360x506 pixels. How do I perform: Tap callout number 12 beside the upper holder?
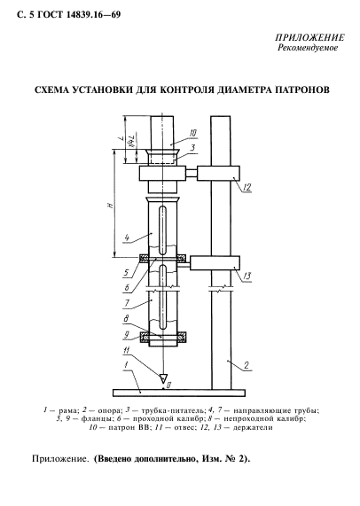246,187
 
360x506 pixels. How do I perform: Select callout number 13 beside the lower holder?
248,276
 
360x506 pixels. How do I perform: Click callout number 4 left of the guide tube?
128,237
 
